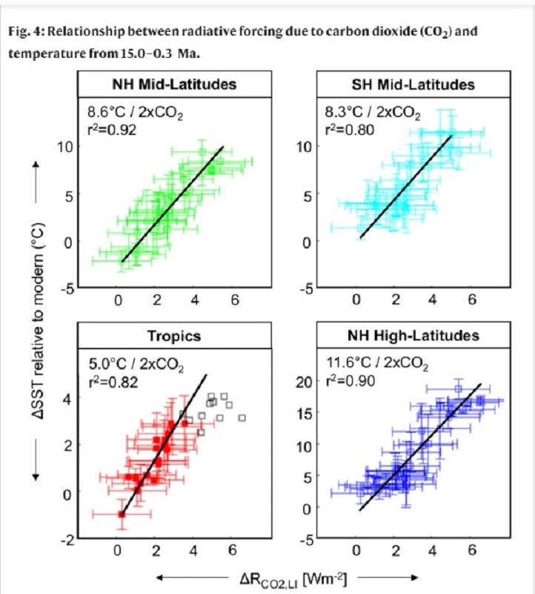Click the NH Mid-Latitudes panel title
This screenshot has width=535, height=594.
coord(176,84)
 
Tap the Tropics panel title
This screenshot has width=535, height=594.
coord(175,336)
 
